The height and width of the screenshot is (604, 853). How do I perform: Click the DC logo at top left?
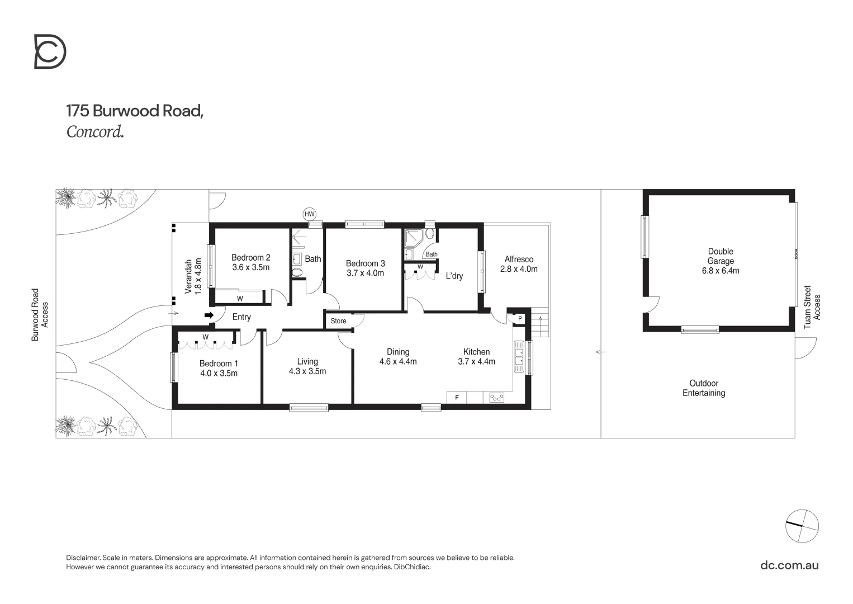[50, 51]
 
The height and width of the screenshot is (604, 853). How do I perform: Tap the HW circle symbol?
[309, 214]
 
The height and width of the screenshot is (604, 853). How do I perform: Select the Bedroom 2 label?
[251, 258]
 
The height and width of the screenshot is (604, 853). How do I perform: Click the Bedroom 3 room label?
[365, 263]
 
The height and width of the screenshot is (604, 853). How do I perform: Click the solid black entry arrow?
[209, 315]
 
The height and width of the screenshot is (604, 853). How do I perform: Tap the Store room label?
[338, 321]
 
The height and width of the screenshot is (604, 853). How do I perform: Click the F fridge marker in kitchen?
[457, 397]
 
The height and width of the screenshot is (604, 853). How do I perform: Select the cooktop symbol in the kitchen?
[496, 397]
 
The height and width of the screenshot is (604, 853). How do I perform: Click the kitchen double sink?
[519, 357]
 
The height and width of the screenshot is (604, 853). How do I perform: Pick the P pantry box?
[520, 318]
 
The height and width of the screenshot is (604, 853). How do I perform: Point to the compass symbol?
[802, 526]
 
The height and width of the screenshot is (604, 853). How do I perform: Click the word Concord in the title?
[94, 132]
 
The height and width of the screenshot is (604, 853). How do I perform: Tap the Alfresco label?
[519, 259]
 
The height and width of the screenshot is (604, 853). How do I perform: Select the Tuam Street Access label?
[812, 308]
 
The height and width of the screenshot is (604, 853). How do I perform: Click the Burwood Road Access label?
[40, 314]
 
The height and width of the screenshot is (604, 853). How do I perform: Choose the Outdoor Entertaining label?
[704, 388]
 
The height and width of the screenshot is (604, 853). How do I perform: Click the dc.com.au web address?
[789, 565]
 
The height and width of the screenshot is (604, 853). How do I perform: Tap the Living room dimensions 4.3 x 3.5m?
[307, 371]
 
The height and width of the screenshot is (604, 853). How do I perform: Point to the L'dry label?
[454, 276]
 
